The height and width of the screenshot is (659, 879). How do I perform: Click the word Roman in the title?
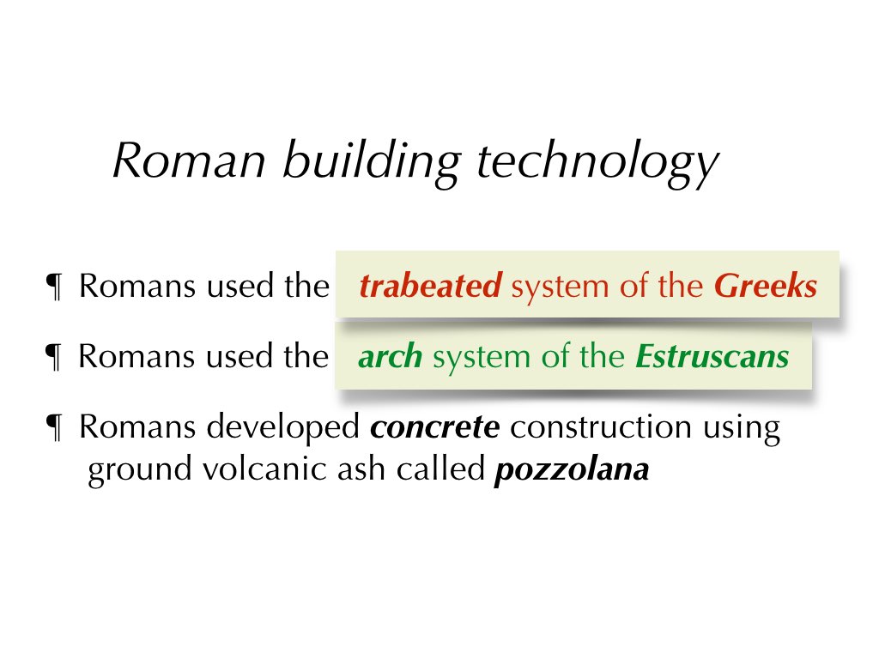pyautogui.click(x=190, y=160)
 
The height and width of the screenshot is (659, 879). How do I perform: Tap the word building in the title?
pyautogui.click(x=372, y=162)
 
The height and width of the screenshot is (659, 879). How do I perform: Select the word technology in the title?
pyautogui.click(x=597, y=163)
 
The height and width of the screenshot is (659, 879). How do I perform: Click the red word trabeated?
pyautogui.click(x=431, y=286)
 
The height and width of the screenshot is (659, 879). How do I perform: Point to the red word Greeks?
pyautogui.click(x=766, y=286)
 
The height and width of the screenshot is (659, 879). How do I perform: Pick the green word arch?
pyautogui.click(x=391, y=356)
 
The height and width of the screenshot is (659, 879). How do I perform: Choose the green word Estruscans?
pyautogui.click(x=712, y=356)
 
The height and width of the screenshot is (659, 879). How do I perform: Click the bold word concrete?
pyautogui.click(x=435, y=427)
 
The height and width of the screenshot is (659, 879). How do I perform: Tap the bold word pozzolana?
pyautogui.click(x=572, y=470)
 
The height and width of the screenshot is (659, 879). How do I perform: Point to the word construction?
pyautogui.click(x=600, y=427)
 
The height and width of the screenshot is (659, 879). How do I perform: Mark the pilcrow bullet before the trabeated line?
pyautogui.click(x=54, y=287)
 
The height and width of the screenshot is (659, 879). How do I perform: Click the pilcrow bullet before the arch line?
pyautogui.click(x=54, y=358)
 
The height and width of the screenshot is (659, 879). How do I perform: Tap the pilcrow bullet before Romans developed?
pyautogui.click(x=54, y=428)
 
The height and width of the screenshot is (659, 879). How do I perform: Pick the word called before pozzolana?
pyautogui.click(x=440, y=469)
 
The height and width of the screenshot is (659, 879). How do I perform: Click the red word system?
pyautogui.click(x=560, y=287)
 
